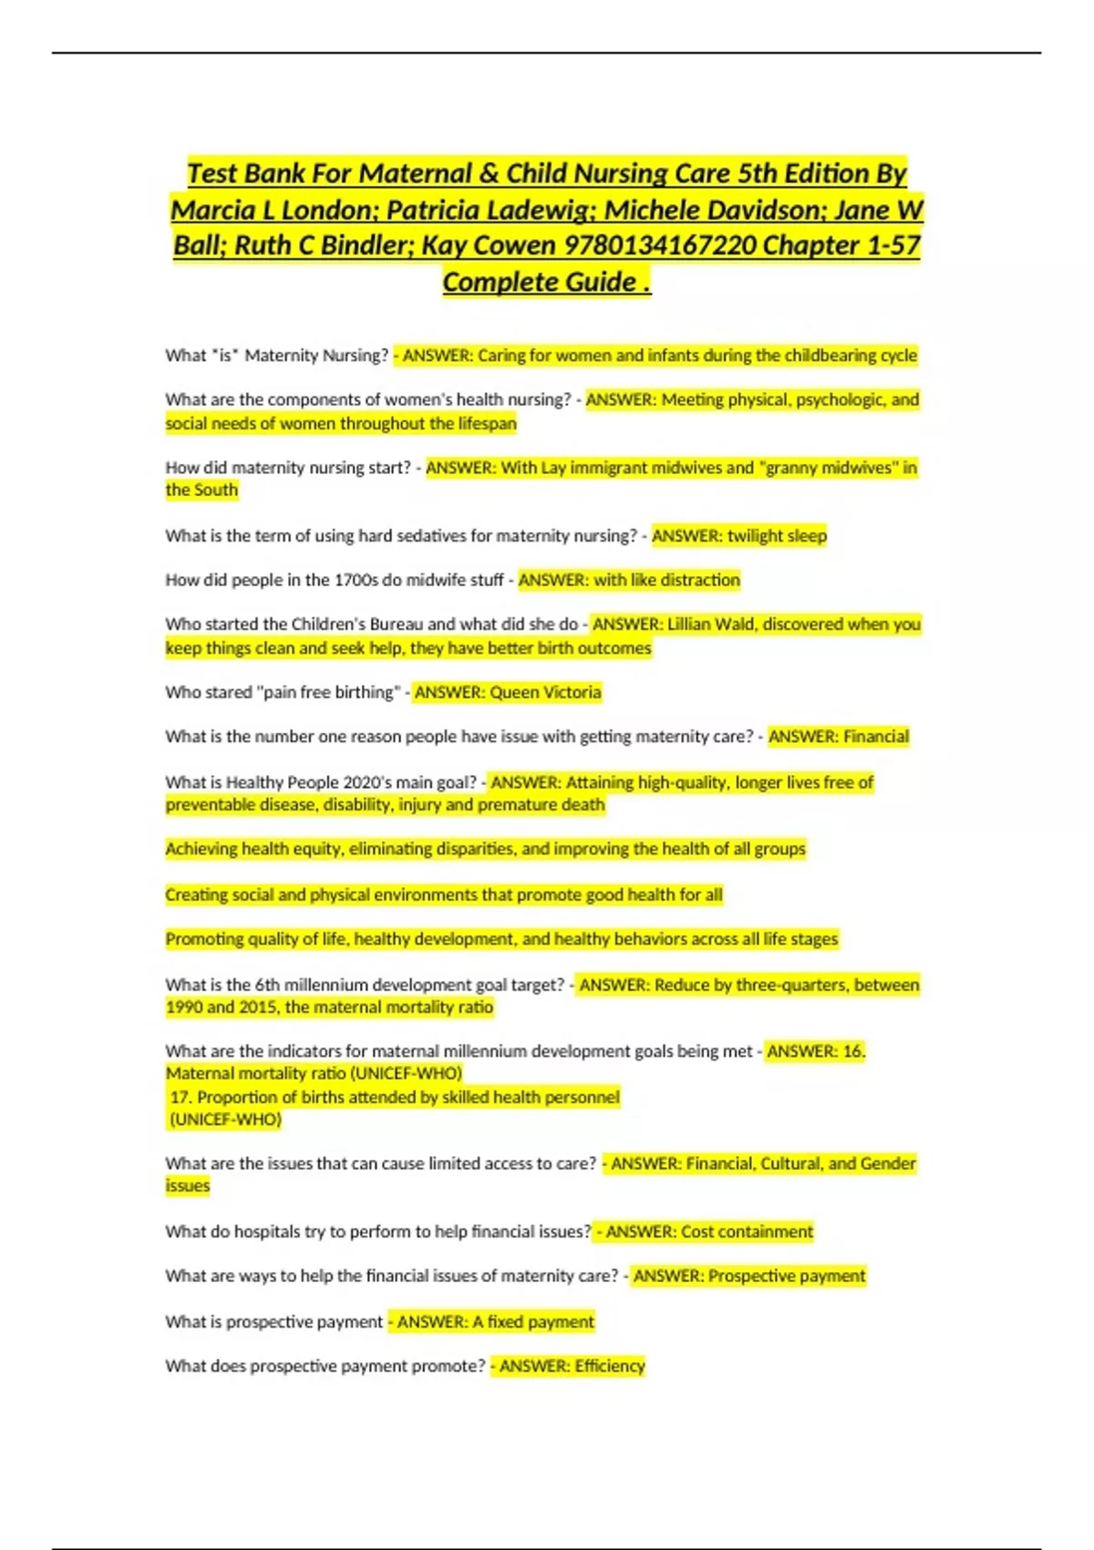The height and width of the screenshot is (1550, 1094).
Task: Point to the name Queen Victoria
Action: [545, 693]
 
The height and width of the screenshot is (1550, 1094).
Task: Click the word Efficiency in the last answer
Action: [609, 1366]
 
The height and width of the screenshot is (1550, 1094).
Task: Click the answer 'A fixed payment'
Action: [532, 1322]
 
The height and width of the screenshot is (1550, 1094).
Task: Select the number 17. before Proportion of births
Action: [181, 1097]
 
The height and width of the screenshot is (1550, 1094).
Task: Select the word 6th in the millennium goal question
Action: [267, 986]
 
